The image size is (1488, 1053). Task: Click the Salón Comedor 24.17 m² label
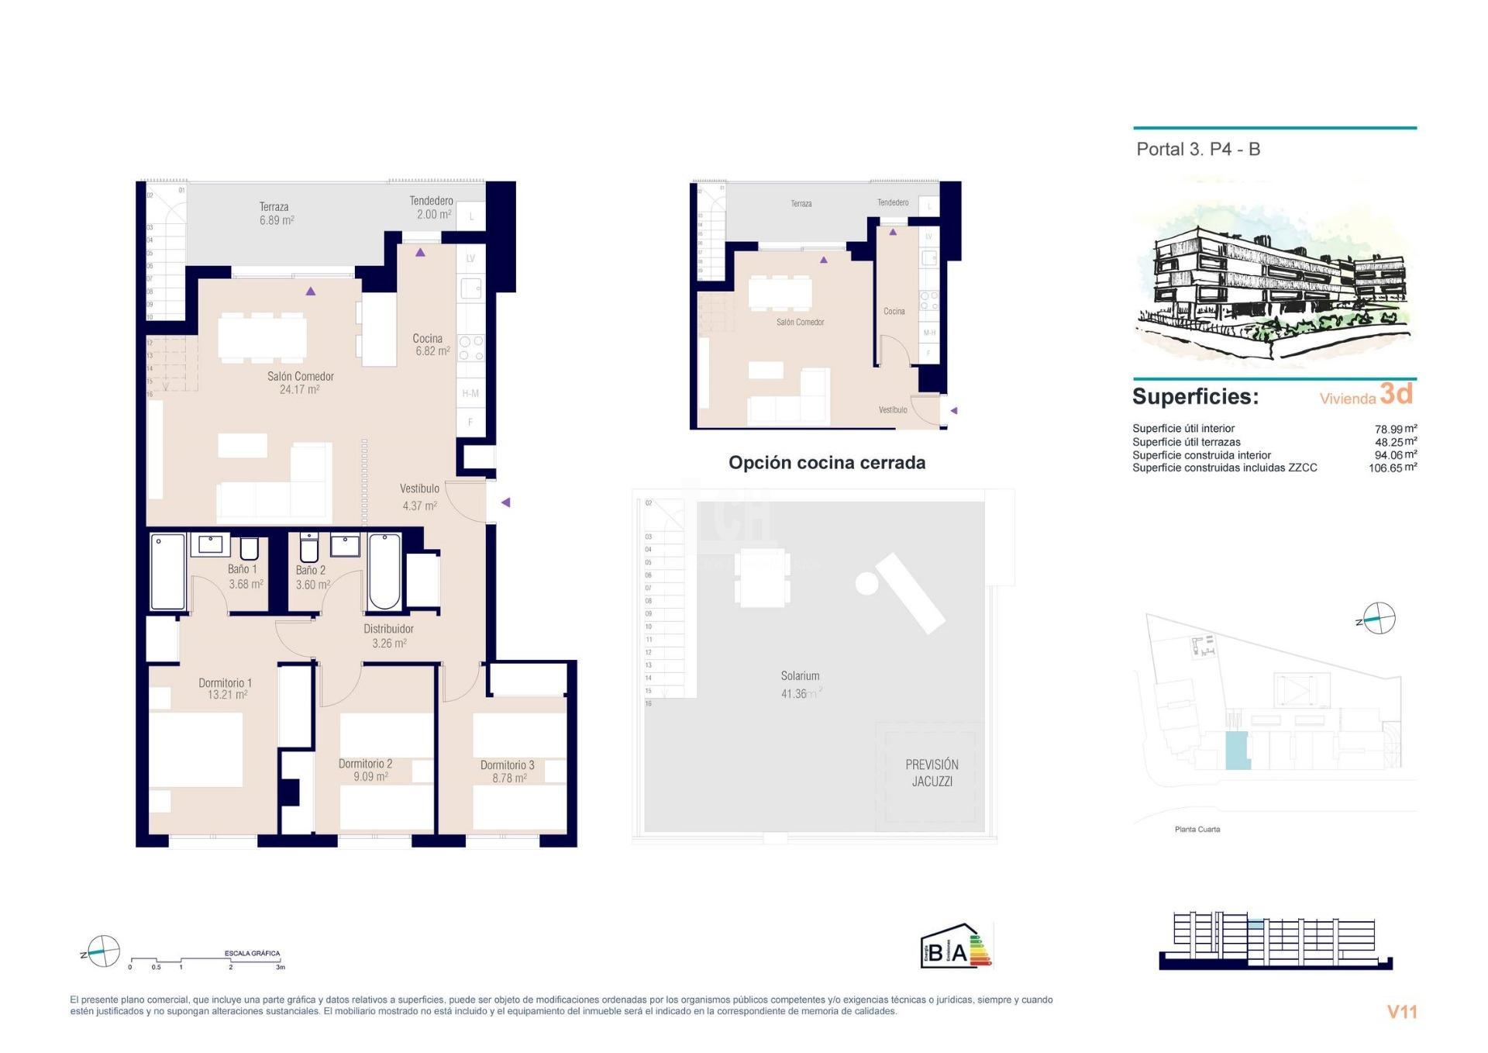click(300, 383)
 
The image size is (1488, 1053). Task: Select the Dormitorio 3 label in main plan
click(507, 771)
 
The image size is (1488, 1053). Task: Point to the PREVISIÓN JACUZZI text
click(932, 772)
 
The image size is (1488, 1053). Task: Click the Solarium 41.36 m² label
click(800, 685)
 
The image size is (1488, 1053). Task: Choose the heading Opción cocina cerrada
click(826, 462)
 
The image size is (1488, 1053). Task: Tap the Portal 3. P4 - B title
click(1198, 149)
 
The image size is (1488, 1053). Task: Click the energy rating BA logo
click(956, 947)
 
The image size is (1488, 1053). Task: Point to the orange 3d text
click(1396, 394)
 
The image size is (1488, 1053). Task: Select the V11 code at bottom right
click(1401, 1011)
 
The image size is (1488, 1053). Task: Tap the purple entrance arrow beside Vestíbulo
click(505, 502)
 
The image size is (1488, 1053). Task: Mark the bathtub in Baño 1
click(167, 571)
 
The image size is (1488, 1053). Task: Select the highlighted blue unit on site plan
click(1237, 750)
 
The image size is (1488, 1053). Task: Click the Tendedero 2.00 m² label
click(431, 208)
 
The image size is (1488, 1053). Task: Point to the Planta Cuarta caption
click(1197, 829)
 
